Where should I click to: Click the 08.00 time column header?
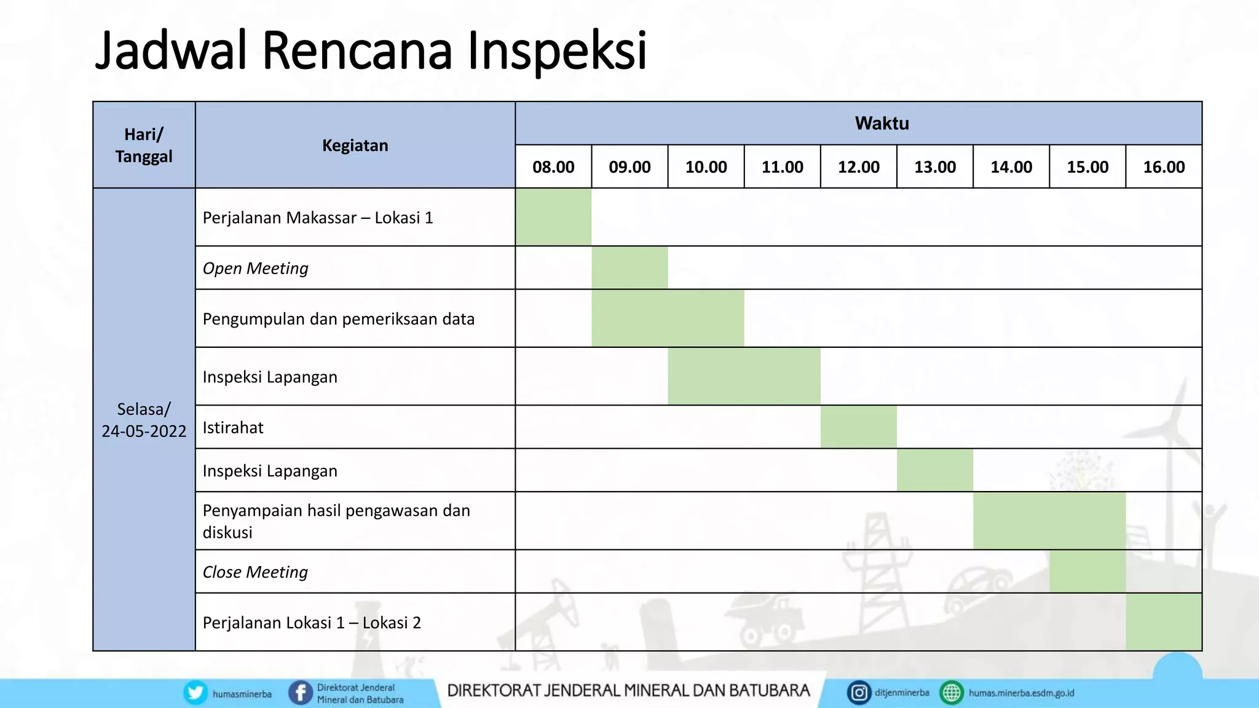tap(553, 167)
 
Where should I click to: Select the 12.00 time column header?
tap(858, 167)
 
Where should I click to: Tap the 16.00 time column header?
tap(1164, 167)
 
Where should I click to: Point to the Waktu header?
tap(882, 124)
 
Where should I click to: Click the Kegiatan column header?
tap(355, 146)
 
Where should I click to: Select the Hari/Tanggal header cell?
tap(144, 146)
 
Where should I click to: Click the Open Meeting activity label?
tap(255, 268)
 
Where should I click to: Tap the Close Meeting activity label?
tap(255, 572)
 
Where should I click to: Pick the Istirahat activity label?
tap(233, 427)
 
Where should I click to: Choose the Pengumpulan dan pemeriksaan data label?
tap(339, 319)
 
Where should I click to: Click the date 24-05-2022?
tap(144, 431)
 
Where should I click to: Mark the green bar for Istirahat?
tap(858, 427)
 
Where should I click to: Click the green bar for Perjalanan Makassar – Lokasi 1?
tap(553, 217)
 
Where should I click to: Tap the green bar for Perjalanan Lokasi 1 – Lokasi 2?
tap(1164, 622)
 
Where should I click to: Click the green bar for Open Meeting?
tap(629, 268)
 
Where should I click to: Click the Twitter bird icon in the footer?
tap(195, 693)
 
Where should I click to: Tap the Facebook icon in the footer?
tap(301, 693)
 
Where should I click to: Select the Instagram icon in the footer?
tap(859, 693)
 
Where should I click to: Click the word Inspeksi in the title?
tap(557, 50)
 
